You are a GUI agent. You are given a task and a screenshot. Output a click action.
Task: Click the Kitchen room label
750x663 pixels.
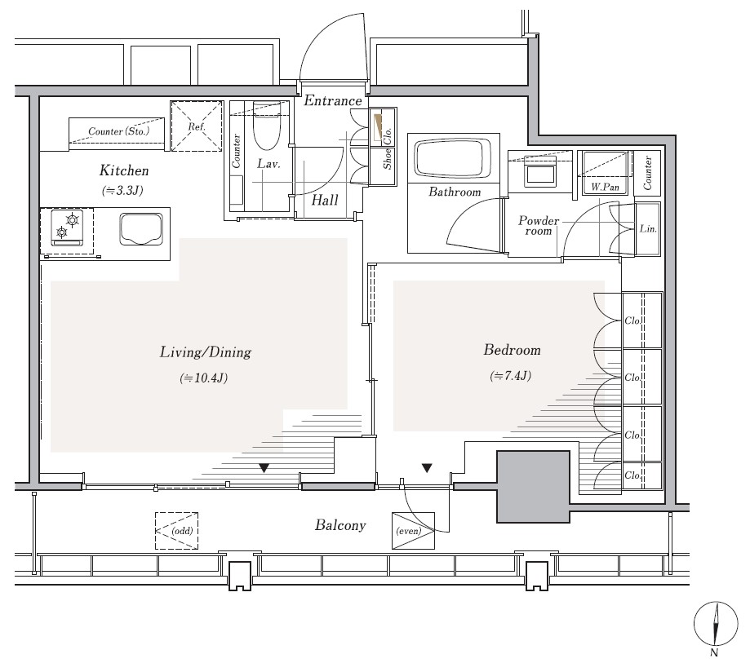pos(124,170)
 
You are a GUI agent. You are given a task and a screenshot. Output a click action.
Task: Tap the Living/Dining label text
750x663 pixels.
pos(205,352)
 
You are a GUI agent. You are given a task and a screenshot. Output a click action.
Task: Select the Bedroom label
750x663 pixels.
pos(512,350)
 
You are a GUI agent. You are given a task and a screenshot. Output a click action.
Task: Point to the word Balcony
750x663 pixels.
pos(340,525)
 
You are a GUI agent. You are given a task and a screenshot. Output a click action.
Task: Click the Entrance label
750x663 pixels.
pos(333,100)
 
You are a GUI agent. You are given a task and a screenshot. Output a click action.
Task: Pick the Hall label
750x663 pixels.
pos(325,200)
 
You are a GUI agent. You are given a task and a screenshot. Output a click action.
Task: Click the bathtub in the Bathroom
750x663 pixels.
pos(454,159)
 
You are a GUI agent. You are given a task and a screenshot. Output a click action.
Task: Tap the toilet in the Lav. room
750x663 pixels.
pos(266,126)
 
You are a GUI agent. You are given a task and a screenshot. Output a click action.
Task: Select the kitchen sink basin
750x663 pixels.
pos(141,229)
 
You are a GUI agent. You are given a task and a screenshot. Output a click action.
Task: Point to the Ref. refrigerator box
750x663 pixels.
pos(197,126)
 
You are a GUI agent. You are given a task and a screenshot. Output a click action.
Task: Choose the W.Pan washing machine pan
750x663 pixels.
pos(605,172)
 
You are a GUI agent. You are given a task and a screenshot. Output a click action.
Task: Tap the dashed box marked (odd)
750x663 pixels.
pos(176,531)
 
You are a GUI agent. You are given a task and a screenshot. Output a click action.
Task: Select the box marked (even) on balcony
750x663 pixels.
pos(413,531)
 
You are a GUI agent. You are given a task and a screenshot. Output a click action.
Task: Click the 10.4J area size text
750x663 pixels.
pos(204,378)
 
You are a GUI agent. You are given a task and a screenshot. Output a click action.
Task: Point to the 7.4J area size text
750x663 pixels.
pos(510,376)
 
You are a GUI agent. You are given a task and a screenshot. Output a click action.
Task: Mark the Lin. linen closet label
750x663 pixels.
pos(648,229)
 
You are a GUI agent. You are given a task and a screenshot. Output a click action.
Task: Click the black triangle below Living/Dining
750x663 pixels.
pos(264,468)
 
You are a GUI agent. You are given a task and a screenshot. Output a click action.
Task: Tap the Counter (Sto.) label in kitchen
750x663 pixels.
pos(118,131)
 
